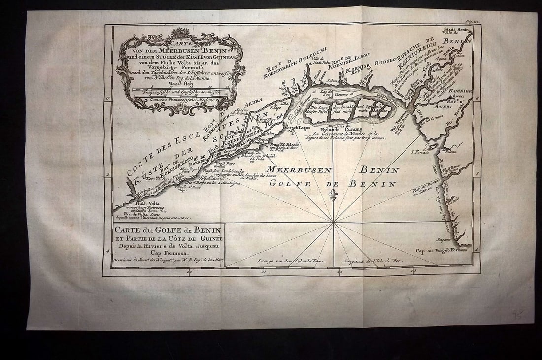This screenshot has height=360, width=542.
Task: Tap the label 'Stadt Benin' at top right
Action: pos(459,32)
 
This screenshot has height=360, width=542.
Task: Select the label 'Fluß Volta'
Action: pos(143,203)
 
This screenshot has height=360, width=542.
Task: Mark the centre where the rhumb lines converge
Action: pos(334,223)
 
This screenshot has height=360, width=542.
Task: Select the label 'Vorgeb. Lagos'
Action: pos(294,128)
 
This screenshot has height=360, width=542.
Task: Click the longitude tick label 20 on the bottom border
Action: pos(189,271)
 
